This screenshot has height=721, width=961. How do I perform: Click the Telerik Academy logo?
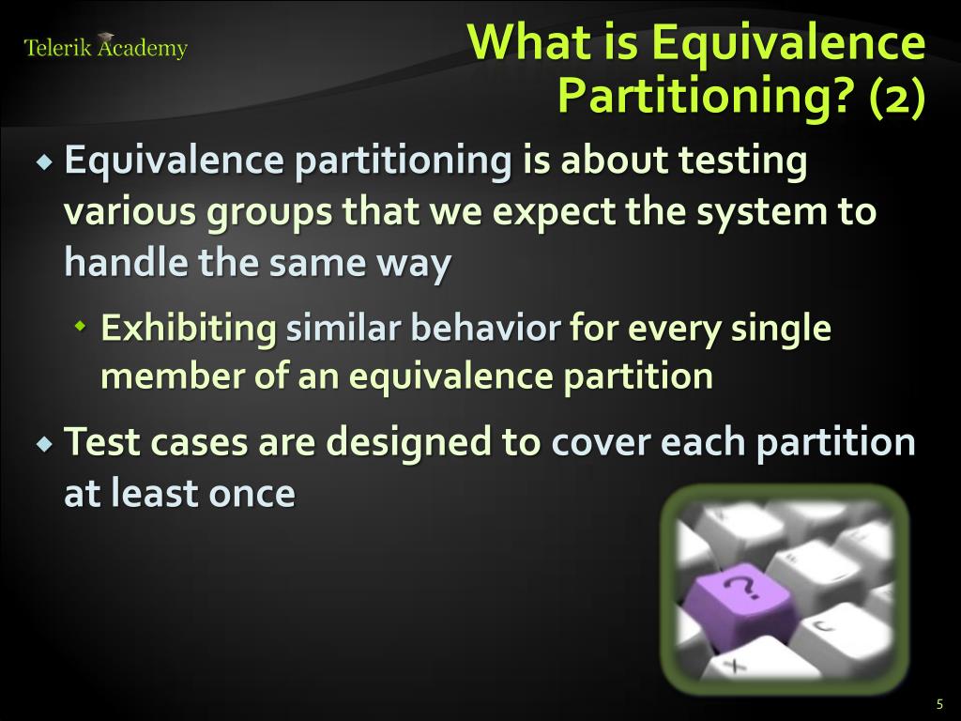coord(105,47)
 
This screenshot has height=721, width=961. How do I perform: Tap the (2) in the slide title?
coord(897,96)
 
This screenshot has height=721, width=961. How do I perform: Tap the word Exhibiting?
coord(189,330)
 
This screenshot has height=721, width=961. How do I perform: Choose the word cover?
coord(601,442)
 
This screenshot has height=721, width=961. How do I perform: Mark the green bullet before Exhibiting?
coord(81,327)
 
